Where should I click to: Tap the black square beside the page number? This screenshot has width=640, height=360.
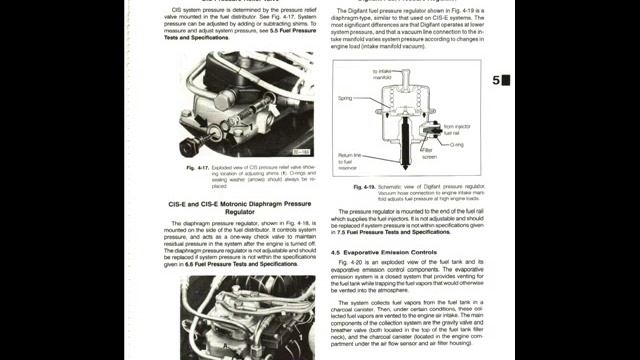506,80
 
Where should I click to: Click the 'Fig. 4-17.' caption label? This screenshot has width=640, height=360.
197,167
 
